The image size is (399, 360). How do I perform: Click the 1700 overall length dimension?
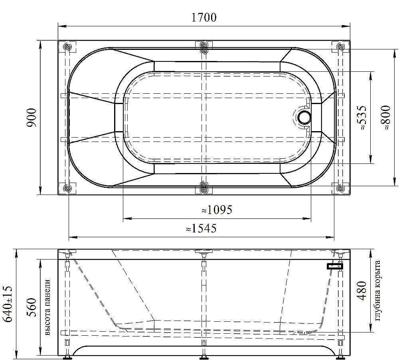coord(203,17)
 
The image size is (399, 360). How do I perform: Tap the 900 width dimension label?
coord(32,118)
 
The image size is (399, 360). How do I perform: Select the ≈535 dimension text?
coord(362,118)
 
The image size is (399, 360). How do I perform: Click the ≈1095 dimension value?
coord(217,210)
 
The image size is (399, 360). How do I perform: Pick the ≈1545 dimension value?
coord(201,228)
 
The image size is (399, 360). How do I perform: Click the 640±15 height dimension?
coord(7,304)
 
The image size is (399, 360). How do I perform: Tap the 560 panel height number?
coord(32,307)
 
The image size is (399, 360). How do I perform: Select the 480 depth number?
coord(362,290)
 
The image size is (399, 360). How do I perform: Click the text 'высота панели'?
coord(47,307)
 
